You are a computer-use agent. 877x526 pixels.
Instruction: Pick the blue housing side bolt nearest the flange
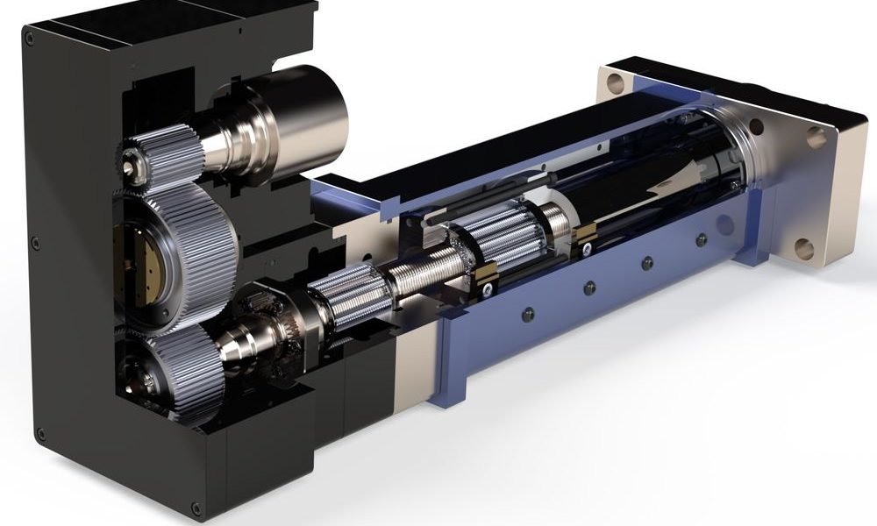pos(700,239)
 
